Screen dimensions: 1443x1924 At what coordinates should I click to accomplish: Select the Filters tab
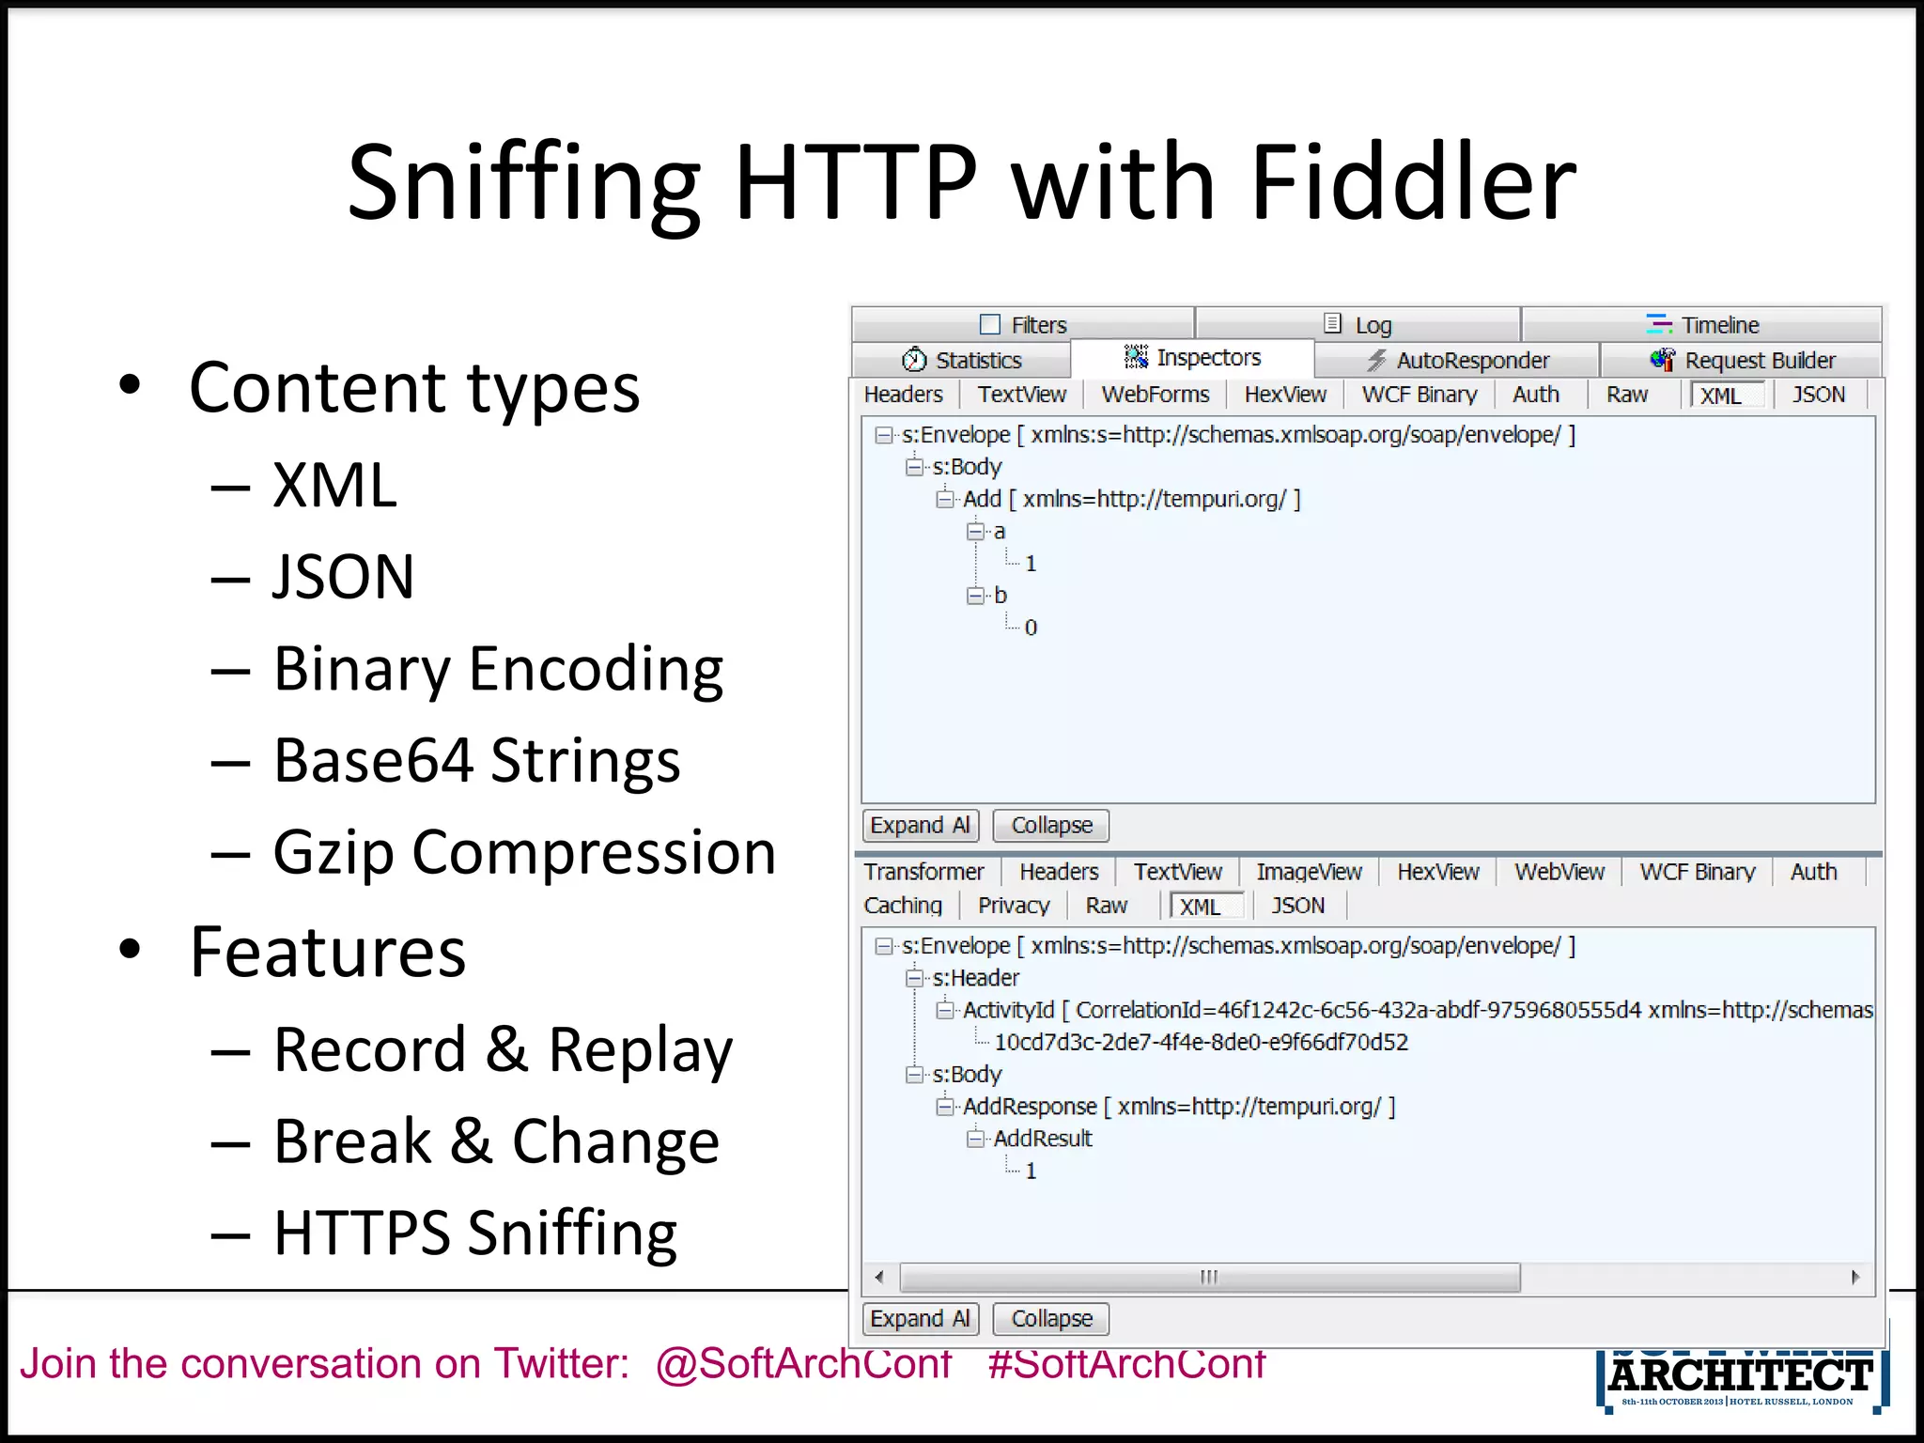pyautogui.click(x=1023, y=325)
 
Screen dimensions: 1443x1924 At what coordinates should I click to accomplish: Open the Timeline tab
pyautogui.click(x=1702, y=325)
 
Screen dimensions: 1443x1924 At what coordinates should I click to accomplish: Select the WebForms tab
pyautogui.click(x=1155, y=395)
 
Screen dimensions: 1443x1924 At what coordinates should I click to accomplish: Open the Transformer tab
pyautogui.click(x=923, y=872)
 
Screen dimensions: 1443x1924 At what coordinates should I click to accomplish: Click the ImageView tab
pyautogui.click(x=1309, y=872)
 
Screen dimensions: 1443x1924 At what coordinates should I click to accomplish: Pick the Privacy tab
pyautogui.click(x=1013, y=906)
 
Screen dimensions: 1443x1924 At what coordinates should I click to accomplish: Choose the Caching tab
pyautogui.click(x=903, y=906)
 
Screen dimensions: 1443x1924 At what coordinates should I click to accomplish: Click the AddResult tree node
pyautogui.click(x=1043, y=1139)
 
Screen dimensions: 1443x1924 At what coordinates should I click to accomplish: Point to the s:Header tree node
pyautogui.click(x=975, y=978)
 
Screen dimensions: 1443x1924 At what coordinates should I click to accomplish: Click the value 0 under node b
pyautogui.click(x=1031, y=628)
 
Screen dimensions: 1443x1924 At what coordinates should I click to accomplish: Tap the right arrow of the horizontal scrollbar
pyautogui.click(x=1855, y=1277)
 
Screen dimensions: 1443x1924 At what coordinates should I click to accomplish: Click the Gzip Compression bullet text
pyautogui.click(x=524, y=853)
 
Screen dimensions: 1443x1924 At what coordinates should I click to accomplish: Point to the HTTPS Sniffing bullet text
pyautogui.click(x=475, y=1233)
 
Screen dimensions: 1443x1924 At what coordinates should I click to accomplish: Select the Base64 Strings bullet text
pyautogui.click(x=476, y=760)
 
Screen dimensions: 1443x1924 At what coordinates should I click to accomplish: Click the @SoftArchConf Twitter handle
pyautogui.click(x=803, y=1363)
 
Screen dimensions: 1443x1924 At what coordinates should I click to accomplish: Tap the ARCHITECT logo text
pyautogui.click(x=1740, y=1376)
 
